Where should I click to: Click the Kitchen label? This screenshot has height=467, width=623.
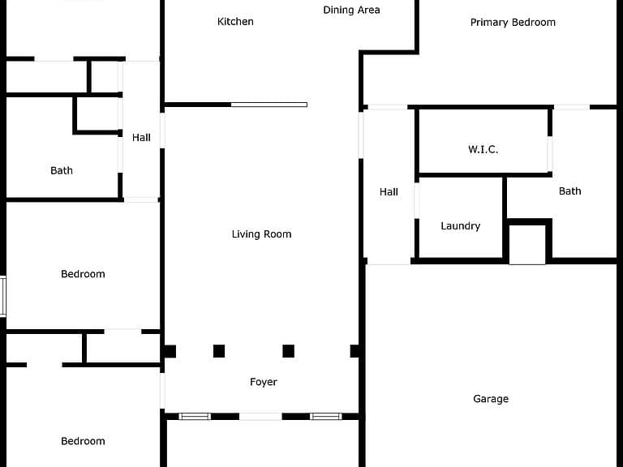click(x=235, y=21)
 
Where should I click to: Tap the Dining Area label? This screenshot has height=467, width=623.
click(x=351, y=10)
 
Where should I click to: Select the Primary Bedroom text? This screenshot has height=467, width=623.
click(x=513, y=22)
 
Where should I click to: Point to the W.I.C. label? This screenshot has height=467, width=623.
click(x=483, y=149)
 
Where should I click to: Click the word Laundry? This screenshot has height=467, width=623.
click(x=461, y=226)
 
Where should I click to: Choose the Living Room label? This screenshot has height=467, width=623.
click(x=261, y=234)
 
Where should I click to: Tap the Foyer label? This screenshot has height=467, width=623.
click(x=264, y=382)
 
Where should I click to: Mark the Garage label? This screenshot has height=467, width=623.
click(x=491, y=399)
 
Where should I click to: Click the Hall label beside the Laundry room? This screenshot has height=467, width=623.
click(x=389, y=192)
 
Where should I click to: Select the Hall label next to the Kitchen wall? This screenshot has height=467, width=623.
click(x=141, y=137)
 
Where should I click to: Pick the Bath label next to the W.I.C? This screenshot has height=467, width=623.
click(x=569, y=191)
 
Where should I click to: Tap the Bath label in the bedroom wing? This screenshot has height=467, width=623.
click(x=62, y=170)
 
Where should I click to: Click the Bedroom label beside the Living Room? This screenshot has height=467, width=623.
click(x=83, y=274)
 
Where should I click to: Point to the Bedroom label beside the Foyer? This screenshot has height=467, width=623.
click(x=83, y=441)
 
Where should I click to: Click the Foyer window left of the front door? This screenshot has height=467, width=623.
click(x=195, y=416)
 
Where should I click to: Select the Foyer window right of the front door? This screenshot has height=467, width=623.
click(x=326, y=416)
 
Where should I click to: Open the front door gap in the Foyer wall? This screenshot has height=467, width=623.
click(x=260, y=416)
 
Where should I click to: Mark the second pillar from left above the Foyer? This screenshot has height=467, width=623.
click(x=219, y=351)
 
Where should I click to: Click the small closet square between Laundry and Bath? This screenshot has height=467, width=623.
click(x=527, y=245)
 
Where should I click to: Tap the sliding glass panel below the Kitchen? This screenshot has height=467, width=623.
click(x=269, y=105)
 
